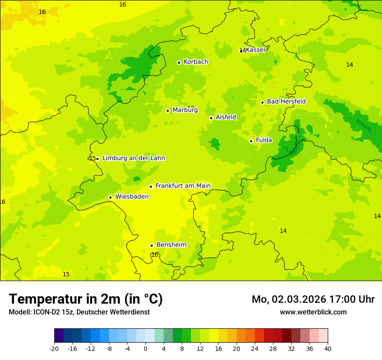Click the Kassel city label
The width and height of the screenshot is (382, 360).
point(255,50)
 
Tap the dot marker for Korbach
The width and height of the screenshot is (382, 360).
point(179,62)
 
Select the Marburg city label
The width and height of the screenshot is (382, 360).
point(185,110)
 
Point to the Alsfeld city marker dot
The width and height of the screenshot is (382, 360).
point(211,118)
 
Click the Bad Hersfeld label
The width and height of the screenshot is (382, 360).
point(286,101)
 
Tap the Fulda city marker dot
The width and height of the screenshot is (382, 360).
point(251,141)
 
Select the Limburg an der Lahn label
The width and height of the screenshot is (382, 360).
point(133,158)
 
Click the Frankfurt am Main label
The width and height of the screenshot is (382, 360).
point(183,186)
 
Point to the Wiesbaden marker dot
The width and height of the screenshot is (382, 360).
point(110,197)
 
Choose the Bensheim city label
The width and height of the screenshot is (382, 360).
point(171,245)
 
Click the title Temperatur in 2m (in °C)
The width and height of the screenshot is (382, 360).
point(86,299)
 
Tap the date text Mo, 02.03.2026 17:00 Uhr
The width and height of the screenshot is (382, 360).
point(313,299)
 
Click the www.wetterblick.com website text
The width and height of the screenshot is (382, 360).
point(313,312)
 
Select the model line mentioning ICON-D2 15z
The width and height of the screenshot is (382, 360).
point(79,312)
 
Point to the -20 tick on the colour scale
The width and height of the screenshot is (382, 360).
point(54,349)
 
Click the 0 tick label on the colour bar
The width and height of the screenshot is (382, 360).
point(145,349)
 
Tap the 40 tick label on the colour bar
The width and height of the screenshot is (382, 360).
point(328,349)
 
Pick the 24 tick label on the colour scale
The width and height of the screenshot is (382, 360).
point(255,349)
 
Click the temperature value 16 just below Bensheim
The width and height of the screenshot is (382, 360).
point(155,255)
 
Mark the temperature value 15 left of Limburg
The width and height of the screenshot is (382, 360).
point(92,158)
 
